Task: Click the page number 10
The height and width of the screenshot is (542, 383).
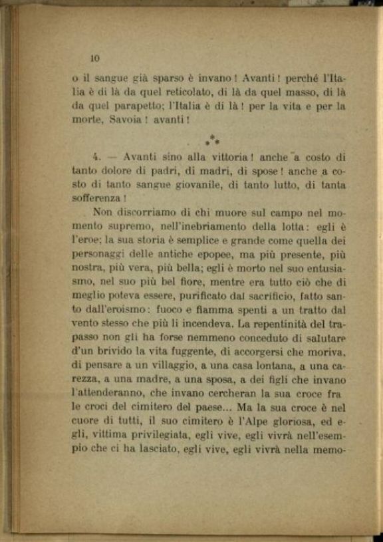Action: pos(94,57)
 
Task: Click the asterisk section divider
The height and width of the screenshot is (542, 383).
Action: pos(212,141)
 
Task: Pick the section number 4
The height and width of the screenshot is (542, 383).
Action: pos(96,158)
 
